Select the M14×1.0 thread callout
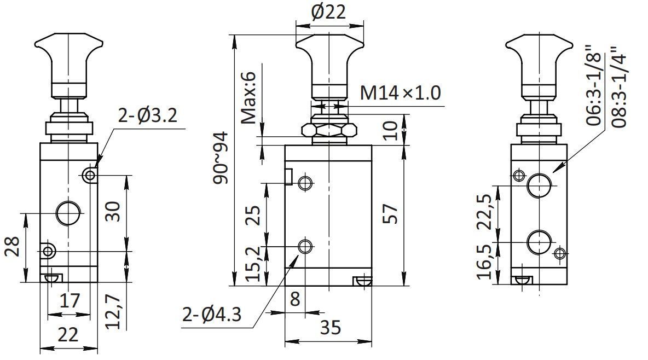[401, 92]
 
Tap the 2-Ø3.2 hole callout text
[148, 115]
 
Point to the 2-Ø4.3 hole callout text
[212, 315]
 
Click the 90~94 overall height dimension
[220, 158]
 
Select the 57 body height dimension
[391, 213]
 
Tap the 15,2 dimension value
[253, 263]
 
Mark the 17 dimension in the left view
[70, 300]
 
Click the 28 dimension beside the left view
[13, 247]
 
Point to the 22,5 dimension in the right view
[485, 212]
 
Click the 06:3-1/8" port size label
[595, 85]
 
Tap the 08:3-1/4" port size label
[619, 87]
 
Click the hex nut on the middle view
[329, 131]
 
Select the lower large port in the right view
[539, 242]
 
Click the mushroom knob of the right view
[539, 62]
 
